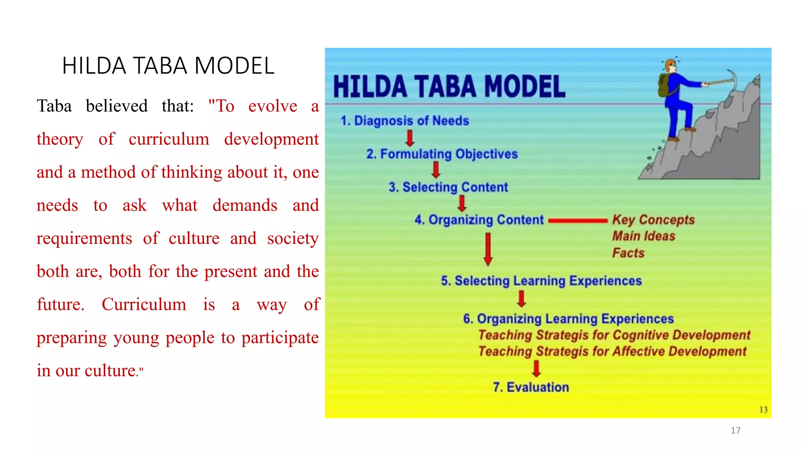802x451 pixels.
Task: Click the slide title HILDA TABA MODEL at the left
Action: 168,65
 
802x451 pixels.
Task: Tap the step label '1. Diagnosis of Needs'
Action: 405,121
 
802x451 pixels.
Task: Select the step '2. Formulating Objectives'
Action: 442,154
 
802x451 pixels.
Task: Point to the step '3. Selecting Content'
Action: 448,187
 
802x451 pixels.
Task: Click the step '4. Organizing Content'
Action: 479,220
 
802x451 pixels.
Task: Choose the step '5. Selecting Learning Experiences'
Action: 541,281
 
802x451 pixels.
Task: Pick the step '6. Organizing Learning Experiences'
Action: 568,319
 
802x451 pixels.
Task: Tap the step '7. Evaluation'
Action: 531,387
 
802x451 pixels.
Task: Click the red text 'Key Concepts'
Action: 653,220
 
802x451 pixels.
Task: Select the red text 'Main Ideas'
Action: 643,236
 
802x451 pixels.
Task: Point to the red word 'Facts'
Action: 628,253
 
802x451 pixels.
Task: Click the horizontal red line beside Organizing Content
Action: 578,221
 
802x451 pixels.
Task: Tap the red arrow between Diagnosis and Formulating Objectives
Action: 410,138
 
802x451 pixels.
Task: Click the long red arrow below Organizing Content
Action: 488,249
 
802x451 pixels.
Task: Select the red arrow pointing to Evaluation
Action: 536,368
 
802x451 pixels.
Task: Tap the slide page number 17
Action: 735,430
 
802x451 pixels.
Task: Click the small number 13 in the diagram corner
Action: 763,410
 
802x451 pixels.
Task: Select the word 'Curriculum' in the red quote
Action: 144,304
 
